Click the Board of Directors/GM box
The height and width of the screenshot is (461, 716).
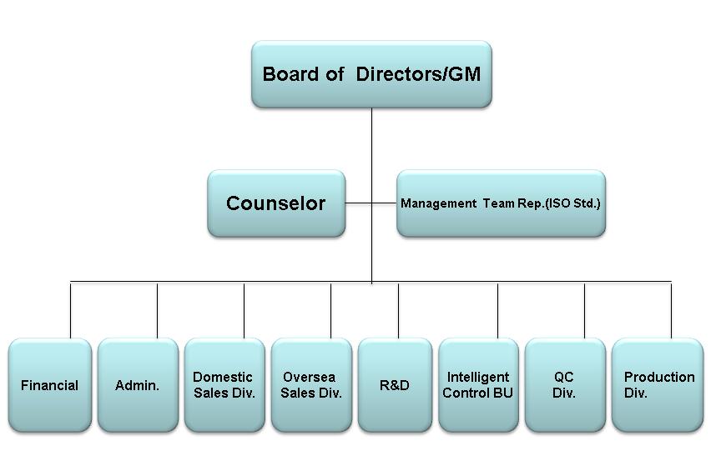(x=371, y=74)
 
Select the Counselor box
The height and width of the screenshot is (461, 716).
(x=276, y=203)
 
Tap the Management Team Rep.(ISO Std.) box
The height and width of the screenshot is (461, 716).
(x=501, y=203)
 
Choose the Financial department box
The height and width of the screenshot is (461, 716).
(x=50, y=385)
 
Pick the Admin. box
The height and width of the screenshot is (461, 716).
(x=138, y=385)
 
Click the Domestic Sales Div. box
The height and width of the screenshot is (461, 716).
(x=224, y=385)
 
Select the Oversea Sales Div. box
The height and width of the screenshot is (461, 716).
(x=311, y=385)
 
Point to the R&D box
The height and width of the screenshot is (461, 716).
(x=395, y=385)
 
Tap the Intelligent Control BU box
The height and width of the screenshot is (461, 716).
(x=478, y=385)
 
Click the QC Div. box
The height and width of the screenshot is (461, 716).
(x=565, y=385)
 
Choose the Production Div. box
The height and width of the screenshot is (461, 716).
(x=657, y=385)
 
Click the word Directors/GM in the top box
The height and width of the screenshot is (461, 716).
(x=418, y=74)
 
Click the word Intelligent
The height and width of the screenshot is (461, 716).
(x=477, y=377)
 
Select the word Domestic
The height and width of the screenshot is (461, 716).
(x=222, y=377)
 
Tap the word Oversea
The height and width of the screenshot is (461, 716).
(x=309, y=377)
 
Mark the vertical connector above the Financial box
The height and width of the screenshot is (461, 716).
(x=70, y=310)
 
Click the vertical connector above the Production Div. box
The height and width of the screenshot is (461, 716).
(x=671, y=310)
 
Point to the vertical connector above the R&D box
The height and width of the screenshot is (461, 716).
(x=398, y=310)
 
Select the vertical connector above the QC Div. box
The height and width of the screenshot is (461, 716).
(x=584, y=310)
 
